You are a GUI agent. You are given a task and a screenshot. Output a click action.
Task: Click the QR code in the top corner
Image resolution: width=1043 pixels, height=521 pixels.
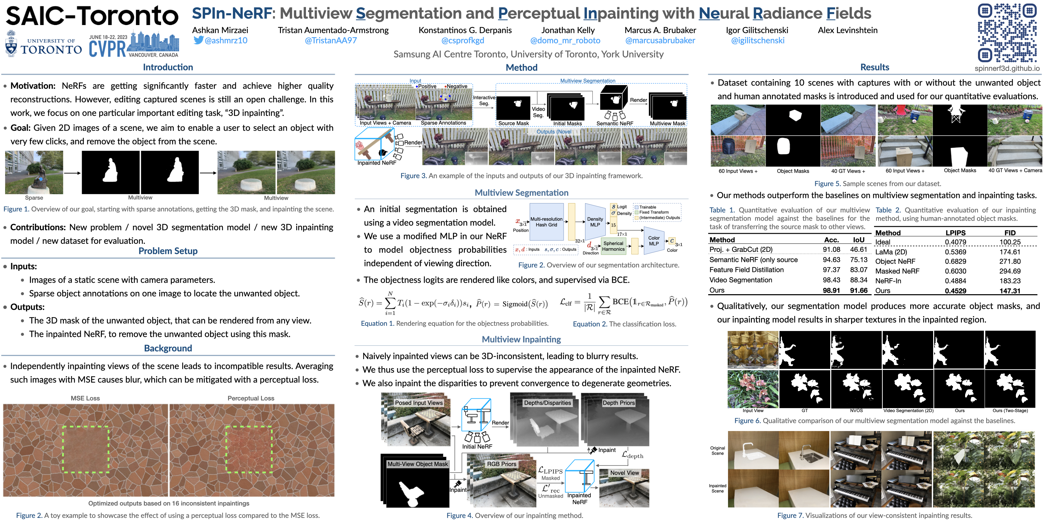[1007, 32]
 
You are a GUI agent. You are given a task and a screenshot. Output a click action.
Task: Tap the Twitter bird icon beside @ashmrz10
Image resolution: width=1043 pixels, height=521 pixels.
[198, 40]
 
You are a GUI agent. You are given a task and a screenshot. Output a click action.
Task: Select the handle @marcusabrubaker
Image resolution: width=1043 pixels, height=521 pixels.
[660, 40]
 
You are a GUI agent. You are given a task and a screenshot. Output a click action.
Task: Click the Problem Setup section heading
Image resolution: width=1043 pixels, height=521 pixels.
[168, 251]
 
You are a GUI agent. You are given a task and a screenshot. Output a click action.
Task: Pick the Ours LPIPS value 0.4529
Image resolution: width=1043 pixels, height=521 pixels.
[955, 291]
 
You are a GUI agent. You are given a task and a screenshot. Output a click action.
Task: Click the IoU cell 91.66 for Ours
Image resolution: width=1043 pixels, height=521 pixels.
[859, 290]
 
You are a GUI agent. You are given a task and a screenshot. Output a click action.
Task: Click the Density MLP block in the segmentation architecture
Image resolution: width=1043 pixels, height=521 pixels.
[595, 222]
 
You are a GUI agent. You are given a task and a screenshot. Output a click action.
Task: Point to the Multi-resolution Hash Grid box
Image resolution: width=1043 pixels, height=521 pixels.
[547, 222]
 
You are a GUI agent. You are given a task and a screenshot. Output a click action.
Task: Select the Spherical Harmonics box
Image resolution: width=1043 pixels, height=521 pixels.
[613, 246]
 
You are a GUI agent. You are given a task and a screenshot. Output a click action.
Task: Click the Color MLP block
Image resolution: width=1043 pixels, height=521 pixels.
[654, 241]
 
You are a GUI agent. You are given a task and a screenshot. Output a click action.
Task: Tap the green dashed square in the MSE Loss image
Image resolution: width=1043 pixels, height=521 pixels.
[86, 449]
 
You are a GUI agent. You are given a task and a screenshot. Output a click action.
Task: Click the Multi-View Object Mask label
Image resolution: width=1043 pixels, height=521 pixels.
[418, 464]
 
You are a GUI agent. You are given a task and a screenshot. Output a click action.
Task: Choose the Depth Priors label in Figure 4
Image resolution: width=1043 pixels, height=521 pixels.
[618, 403]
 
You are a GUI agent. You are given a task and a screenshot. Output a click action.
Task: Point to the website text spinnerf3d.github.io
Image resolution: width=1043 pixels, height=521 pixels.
[1007, 68]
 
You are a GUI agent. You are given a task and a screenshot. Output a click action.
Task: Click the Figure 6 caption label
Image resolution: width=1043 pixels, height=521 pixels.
[747, 421]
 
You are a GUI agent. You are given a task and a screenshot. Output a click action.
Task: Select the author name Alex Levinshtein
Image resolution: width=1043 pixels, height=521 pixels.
[848, 30]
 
